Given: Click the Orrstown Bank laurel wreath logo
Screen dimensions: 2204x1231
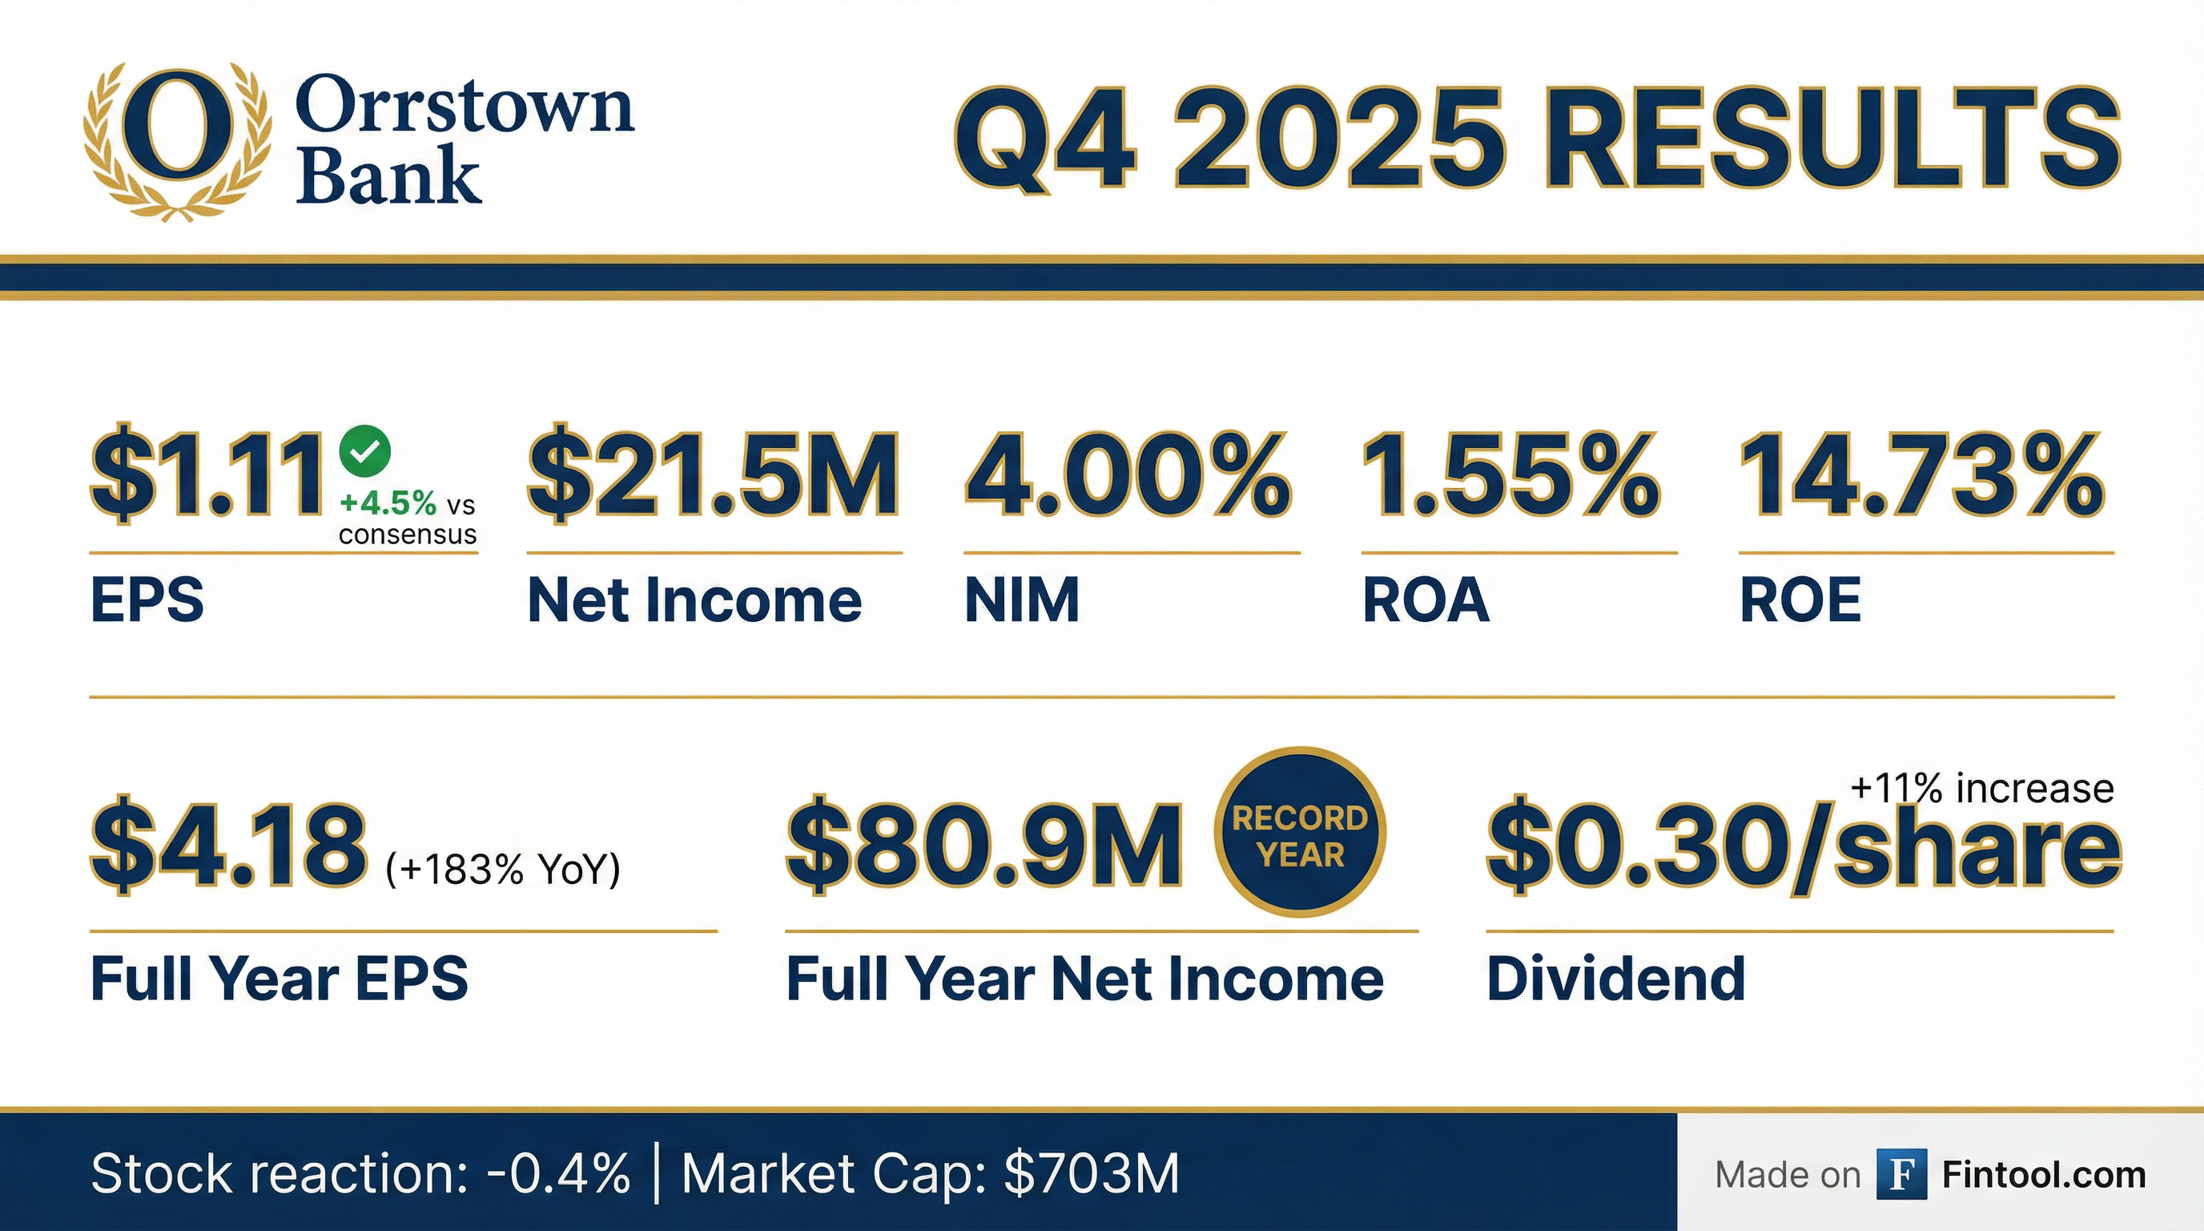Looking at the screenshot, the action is (176, 142).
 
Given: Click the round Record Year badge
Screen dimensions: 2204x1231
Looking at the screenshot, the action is (1300, 833).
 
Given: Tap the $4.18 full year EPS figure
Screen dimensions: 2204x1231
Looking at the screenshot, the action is (229, 846).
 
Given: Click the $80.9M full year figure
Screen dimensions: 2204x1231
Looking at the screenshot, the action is (985, 846).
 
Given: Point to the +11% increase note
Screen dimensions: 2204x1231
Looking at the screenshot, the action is (1981, 789).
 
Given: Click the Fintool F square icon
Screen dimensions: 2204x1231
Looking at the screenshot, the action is (1901, 1175).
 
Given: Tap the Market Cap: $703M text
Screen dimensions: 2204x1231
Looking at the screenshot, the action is (930, 1172).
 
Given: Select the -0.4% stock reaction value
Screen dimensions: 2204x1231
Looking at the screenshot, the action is (559, 1172).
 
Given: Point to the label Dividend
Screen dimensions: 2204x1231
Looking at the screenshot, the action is (1616, 978).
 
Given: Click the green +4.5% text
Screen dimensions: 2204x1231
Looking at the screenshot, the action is (388, 503).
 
